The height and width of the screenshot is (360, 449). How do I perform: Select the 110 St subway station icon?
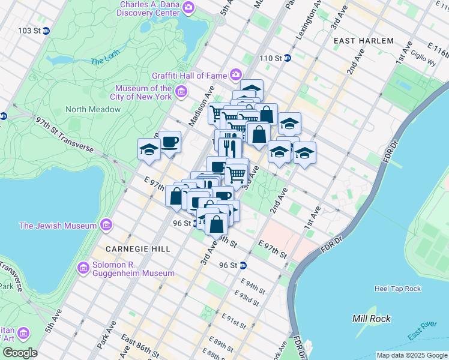coord(287,58)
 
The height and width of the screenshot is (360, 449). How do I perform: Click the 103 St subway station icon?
coord(46,31)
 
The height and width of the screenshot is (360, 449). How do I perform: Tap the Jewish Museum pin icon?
coord(107,226)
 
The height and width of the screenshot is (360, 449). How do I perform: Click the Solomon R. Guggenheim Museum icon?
coord(83,267)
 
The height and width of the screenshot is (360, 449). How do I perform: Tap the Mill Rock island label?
coord(372,319)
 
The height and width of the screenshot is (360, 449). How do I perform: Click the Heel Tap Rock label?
coord(397,289)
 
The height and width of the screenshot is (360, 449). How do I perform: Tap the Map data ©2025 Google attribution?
coord(411,355)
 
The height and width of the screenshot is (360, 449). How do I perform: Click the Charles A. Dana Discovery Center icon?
coord(188,8)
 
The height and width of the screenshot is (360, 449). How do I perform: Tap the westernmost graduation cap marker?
coord(149,150)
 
